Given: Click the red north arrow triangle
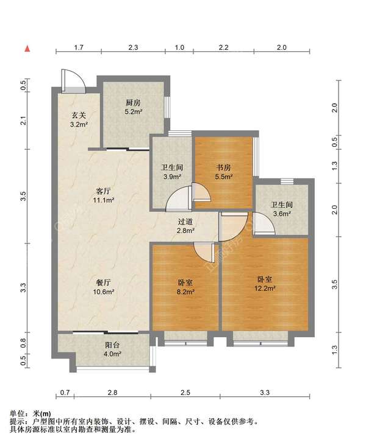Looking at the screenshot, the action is (27, 49).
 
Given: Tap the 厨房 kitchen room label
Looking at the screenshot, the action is (133, 103).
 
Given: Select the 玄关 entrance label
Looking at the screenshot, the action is (79, 116).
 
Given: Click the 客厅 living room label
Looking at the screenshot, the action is (103, 191).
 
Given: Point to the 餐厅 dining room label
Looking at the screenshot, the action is (103, 282).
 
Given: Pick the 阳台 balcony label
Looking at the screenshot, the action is (112, 345).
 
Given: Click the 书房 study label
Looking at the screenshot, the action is (223, 167).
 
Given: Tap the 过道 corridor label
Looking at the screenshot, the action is (185, 222).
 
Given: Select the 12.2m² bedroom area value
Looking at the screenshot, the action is (265, 289).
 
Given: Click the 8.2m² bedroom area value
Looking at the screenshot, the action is (185, 292).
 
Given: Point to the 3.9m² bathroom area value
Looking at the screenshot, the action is (172, 177).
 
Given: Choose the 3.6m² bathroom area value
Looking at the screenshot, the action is (282, 214).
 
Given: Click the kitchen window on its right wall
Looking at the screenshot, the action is (167, 107).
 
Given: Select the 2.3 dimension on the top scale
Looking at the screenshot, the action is (133, 47).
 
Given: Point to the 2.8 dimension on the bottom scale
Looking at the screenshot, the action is (112, 392).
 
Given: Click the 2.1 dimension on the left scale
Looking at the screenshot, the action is (24, 121).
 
